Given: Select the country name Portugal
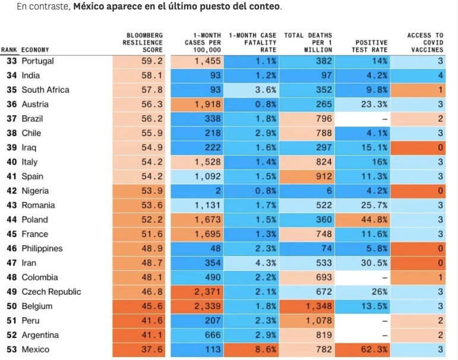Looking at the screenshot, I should [37, 61].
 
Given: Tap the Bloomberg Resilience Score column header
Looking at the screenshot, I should [143, 43].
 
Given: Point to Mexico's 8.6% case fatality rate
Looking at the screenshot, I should [266, 350].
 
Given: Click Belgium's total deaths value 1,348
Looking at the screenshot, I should [320, 307].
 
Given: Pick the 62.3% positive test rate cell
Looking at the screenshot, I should [375, 350].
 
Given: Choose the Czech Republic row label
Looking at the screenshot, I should [51, 292].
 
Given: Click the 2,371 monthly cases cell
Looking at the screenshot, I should [208, 292].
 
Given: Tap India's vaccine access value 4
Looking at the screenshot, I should [440, 75].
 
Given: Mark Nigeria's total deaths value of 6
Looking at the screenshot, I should [329, 191].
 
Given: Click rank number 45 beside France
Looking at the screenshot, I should [11, 234].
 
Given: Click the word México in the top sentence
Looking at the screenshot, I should [94, 7].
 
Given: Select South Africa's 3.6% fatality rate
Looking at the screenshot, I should [266, 90].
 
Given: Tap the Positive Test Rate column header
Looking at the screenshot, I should [371, 46].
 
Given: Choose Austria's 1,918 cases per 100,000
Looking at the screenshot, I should [208, 105].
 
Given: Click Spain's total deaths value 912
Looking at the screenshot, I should [323, 176].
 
